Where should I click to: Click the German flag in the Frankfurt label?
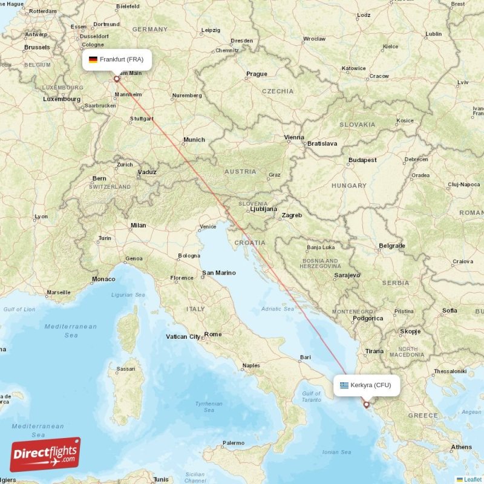tap(93, 59)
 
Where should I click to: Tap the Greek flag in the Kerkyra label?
tap(344, 385)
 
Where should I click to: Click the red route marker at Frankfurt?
tap(117, 78)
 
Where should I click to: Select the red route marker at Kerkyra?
tap(366, 405)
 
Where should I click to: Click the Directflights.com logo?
tap(45, 454)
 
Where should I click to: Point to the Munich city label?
tap(194, 140)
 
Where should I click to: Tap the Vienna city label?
tap(295, 137)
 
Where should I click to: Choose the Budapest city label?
tap(362, 160)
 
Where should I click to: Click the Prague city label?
tap(257, 74)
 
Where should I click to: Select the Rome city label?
tap(213, 334)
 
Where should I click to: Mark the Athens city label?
tap(461, 447)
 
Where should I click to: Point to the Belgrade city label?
tap(391, 246)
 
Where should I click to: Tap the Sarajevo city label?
tap(347, 275)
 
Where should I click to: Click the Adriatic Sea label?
tap(277, 309)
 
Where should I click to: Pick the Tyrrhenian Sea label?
tap(209, 407)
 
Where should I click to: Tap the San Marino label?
tap(218, 273)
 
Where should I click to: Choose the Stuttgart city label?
tap(142, 119)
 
